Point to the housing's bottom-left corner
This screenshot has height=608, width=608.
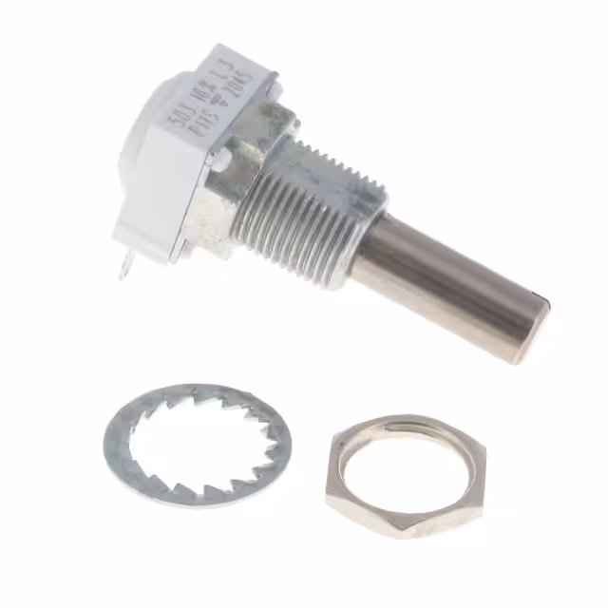coord(120,237)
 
